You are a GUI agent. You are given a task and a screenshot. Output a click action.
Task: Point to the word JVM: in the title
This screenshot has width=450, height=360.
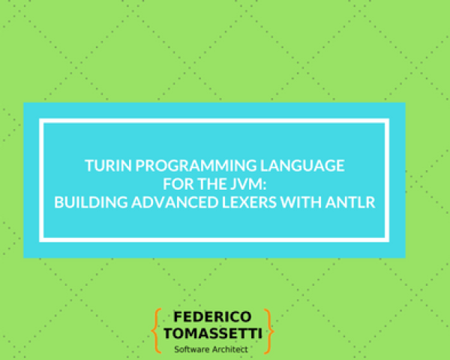pyautogui.click(x=262, y=183)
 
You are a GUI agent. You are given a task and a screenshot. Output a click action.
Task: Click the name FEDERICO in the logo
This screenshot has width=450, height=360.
pyautogui.click(x=212, y=316)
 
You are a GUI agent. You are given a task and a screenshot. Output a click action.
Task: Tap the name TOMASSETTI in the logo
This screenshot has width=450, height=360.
pyautogui.click(x=212, y=333)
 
